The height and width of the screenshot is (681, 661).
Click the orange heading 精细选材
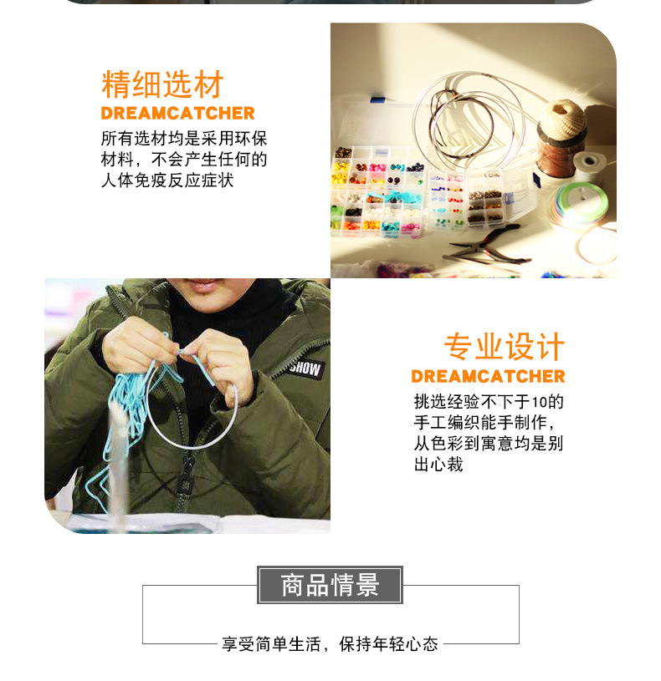(162, 85)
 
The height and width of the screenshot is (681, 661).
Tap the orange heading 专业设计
(504, 348)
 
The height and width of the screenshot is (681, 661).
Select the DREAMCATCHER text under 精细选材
(177, 114)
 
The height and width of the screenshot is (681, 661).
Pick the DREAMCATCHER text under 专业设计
(488, 376)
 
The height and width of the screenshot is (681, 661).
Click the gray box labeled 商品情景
(330, 585)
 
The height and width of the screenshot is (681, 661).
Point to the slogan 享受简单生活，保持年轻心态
(330, 644)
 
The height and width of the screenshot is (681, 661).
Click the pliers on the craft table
(489, 245)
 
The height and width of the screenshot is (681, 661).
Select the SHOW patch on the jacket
(305, 368)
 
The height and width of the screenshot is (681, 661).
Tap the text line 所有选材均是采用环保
(184, 139)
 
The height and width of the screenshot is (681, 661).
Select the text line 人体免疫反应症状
(167, 180)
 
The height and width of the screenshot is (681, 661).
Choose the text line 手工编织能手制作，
(484, 423)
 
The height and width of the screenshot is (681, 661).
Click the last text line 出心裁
(438, 465)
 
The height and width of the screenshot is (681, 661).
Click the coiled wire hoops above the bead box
(469, 117)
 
